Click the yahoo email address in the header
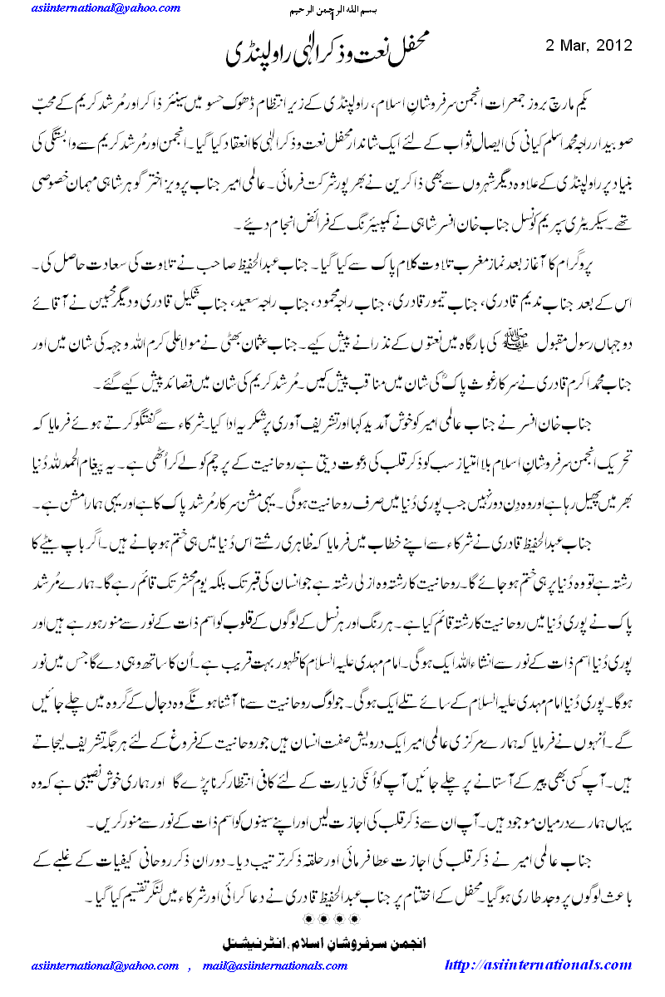103,8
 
